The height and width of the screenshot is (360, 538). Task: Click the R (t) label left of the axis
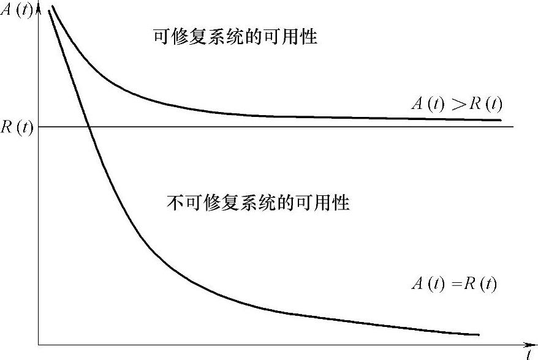coord(17,128)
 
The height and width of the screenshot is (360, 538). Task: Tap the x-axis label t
coord(528,353)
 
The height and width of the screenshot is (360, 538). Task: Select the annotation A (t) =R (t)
coord(453,284)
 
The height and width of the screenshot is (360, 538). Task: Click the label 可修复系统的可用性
coord(235,37)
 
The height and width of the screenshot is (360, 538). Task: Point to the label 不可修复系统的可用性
coord(258,203)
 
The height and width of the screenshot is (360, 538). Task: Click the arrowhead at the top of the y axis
coord(39,6)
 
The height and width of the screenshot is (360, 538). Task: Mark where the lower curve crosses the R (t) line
coord(89,127)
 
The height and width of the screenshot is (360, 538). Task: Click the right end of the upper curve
coord(501,120)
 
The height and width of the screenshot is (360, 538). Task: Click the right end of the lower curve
coord(478,335)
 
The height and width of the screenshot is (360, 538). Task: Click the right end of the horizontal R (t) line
coord(512,127)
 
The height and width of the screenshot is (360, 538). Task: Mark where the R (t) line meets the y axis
coord(39,127)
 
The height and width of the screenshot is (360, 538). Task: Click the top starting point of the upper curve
coord(52,7)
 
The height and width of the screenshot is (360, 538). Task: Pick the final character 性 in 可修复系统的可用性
coord(309,37)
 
